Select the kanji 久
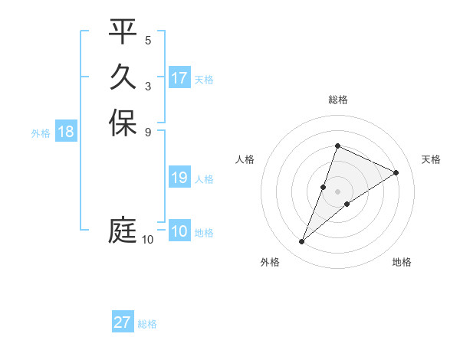[x=123, y=77]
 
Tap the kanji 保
[x=123, y=123]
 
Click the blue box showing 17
[x=179, y=78]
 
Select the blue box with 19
[x=179, y=178]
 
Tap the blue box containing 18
[x=66, y=132]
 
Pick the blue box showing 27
[x=123, y=322]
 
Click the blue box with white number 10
[x=179, y=231]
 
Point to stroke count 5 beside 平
[x=148, y=40]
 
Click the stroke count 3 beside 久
[x=148, y=86]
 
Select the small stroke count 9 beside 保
[x=148, y=132]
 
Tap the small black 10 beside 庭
[x=147, y=240]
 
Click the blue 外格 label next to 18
[x=41, y=133]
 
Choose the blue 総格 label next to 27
[x=147, y=324]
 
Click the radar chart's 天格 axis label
[x=431, y=159]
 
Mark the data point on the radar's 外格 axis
[x=302, y=242]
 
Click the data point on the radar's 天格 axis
[x=396, y=172]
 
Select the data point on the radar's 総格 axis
[x=337, y=146]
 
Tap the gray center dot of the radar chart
[x=337, y=191]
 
